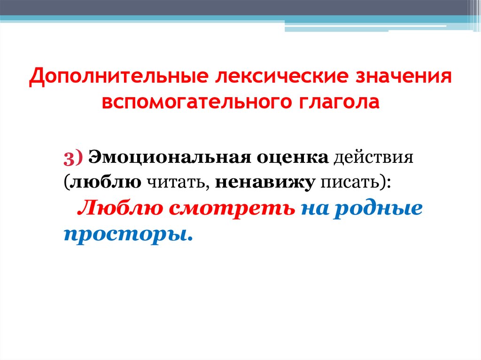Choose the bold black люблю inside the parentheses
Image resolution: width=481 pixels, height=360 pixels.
pyautogui.click(x=105, y=182)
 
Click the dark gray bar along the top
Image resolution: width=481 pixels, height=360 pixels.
pyautogui.click(x=235, y=7)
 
